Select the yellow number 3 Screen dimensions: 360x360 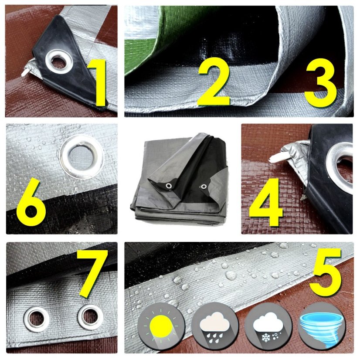click(x=320, y=82)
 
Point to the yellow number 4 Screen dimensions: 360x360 click(x=266, y=202)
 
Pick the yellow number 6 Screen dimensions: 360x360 click(x=31, y=202)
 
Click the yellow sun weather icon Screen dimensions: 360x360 click(x=161, y=326)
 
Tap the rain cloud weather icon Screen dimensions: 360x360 click(x=215, y=326)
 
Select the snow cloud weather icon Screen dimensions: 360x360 click(x=268, y=326)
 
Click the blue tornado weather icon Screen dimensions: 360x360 click(x=322, y=326)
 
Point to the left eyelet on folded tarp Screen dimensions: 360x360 click(x=169, y=186)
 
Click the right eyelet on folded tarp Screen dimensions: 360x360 click(x=203, y=187)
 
